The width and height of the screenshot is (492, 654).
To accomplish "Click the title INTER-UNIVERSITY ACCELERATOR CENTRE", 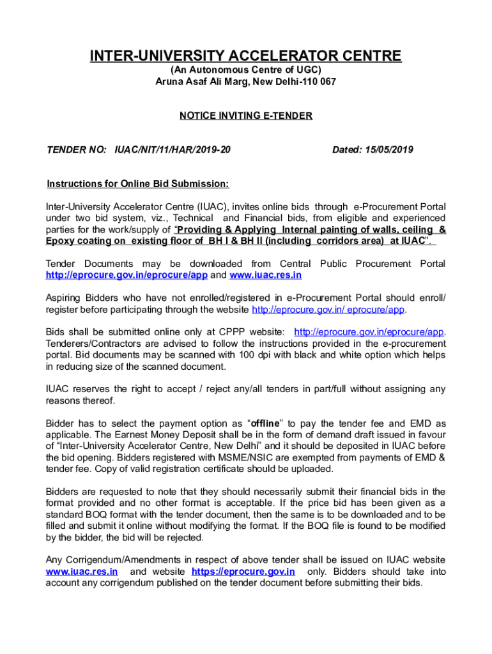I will [x=246, y=56].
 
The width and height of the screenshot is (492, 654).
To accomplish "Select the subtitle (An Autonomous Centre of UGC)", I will [x=245, y=70].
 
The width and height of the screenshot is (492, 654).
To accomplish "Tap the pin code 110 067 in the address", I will [x=319, y=82].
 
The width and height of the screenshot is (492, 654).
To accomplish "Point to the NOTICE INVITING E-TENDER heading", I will [x=246, y=116].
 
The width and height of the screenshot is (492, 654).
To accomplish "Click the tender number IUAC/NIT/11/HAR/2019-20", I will [x=173, y=150].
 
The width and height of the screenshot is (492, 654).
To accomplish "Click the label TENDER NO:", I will [x=76, y=150].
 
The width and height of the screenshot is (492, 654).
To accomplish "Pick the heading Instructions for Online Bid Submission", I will [x=138, y=185].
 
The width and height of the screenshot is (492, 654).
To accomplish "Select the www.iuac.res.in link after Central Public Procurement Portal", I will [x=265, y=275].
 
